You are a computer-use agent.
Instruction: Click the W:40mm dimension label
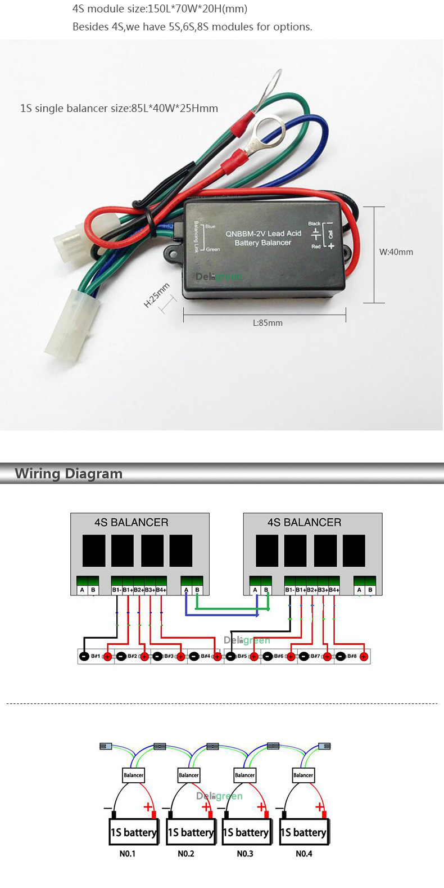click(396, 252)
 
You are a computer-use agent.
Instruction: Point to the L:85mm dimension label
click(268, 323)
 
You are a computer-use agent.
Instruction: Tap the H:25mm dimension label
click(156, 295)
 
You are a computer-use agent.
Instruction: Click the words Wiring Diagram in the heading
click(69, 474)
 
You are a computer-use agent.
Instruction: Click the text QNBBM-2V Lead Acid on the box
click(263, 234)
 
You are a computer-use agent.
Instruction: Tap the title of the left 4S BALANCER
click(131, 522)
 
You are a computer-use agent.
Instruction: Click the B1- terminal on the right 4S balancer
click(289, 590)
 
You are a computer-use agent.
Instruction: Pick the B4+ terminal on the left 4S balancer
click(161, 590)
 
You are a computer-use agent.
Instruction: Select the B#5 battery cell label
click(242, 656)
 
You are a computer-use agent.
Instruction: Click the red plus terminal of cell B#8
click(364, 657)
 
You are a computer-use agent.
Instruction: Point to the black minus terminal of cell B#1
click(84, 657)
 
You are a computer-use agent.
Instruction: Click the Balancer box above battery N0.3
click(244, 775)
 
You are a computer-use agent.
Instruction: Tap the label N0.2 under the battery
click(186, 854)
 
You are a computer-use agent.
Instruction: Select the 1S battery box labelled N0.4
click(303, 832)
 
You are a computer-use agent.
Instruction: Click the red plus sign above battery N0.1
click(148, 807)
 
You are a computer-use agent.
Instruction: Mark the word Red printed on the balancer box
click(316, 246)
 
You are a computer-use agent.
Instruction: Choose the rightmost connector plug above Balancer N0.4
click(324, 746)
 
